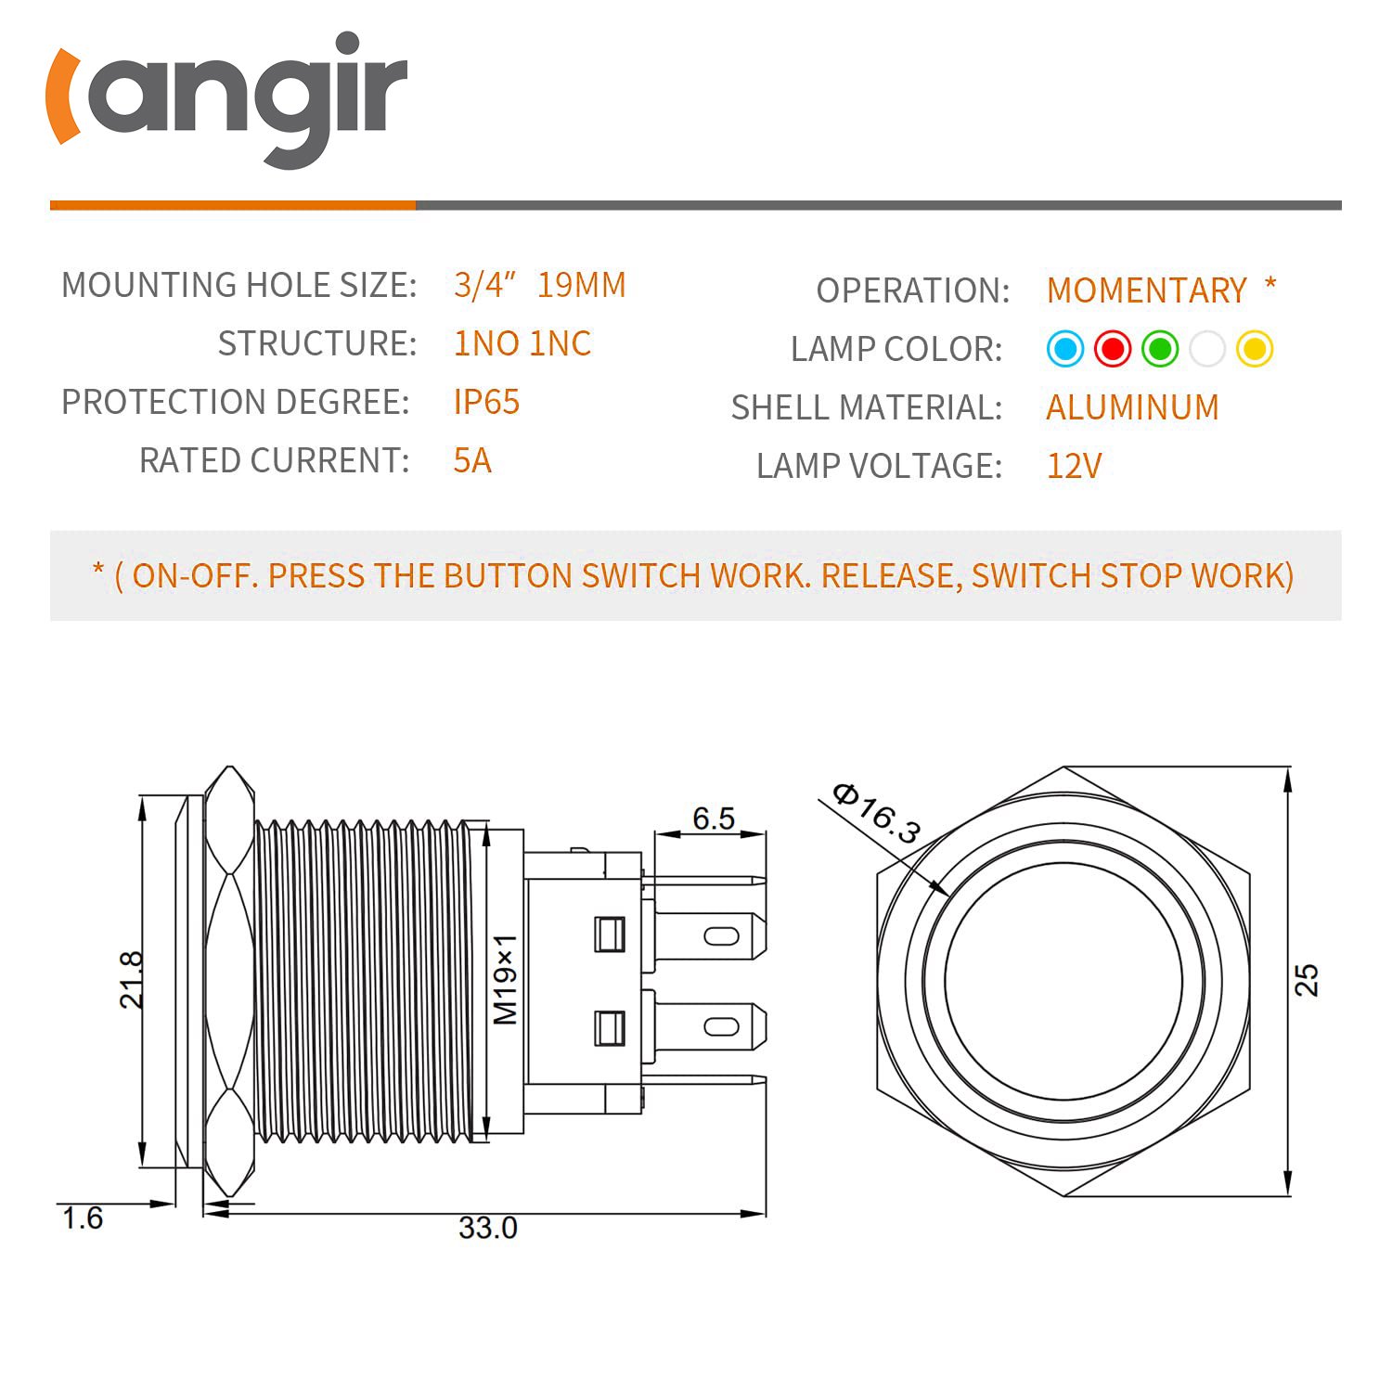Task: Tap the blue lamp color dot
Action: [1065, 349]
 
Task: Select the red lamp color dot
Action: [1113, 349]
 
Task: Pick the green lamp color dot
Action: [1160, 349]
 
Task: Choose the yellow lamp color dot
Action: [1255, 349]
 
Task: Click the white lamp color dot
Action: [1207, 349]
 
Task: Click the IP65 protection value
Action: [486, 402]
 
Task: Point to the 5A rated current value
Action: [472, 460]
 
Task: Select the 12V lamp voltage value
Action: [1074, 466]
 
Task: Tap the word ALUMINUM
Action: [1132, 407]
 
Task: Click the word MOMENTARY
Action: [1147, 290]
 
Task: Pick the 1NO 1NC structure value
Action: [522, 343]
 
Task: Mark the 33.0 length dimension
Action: [487, 1228]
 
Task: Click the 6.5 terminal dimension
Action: [714, 818]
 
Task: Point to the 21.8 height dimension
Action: [132, 979]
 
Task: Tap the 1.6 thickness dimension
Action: [83, 1218]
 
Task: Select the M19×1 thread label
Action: [505, 979]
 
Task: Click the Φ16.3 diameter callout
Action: [876, 814]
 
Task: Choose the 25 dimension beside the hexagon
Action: [1307, 980]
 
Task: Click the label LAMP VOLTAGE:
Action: [879, 466]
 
